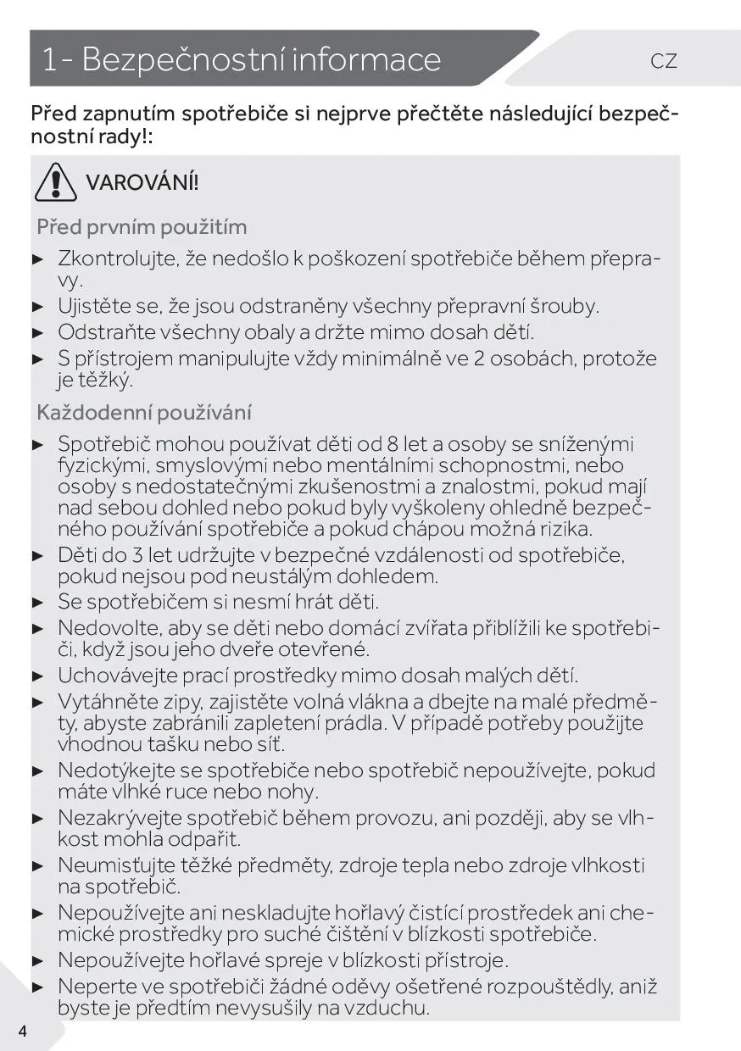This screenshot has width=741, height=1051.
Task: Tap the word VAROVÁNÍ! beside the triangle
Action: [x=142, y=182]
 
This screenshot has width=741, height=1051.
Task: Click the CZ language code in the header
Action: [x=664, y=61]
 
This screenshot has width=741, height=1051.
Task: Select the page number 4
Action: [x=22, y=1031]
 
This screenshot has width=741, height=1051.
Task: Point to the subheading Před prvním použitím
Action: [x=142, y=227]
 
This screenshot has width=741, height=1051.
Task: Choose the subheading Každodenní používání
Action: [x=144, y=413]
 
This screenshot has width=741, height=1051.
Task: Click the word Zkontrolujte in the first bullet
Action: [x=118, y=259]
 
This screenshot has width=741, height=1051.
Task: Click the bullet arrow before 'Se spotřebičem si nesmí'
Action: [x=37, y=603]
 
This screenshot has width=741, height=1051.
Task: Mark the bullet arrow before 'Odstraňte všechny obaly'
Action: [x=37, y=332]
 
